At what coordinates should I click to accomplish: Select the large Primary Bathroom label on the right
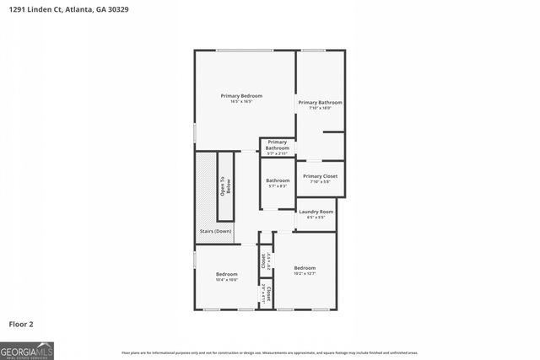point(320,102)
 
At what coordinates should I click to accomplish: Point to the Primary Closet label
point(320,176)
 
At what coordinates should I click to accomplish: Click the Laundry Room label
point(316,212)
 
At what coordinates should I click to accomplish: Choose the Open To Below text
point(225,186)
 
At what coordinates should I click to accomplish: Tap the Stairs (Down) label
point(215,231)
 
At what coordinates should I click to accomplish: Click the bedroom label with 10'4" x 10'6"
point(226,274)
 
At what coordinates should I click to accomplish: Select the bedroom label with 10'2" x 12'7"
point(305,267)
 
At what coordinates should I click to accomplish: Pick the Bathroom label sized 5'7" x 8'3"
point(278,180)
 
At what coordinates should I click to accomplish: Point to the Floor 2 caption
point(22,324)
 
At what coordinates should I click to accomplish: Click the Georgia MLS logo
point(27,350)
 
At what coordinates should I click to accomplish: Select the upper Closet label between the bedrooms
point(264,261)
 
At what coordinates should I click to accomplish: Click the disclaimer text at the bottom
point(270,352)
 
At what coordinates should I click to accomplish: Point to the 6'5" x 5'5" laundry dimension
point(316,218)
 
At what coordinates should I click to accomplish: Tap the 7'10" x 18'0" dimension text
point(320,108)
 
